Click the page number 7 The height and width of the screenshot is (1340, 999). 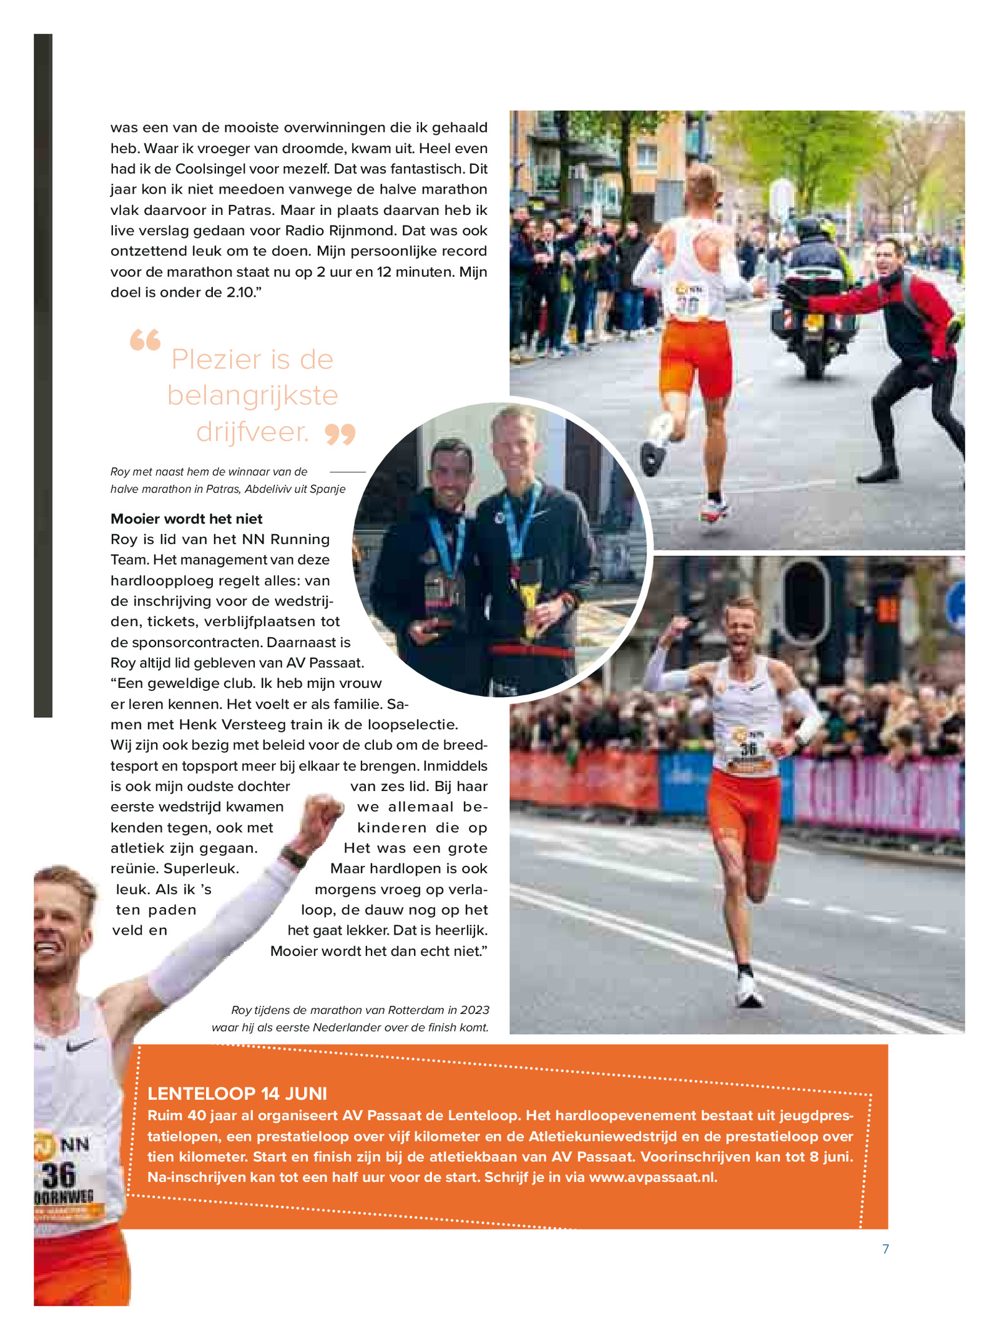coord(885,1249)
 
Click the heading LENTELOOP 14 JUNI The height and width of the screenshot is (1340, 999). coord(237,1093)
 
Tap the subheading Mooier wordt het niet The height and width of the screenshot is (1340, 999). coord(186,519)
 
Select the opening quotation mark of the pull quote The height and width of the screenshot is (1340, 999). coord(145,340)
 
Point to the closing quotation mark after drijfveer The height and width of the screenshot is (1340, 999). coord(340,433)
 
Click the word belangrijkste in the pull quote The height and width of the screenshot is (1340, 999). coord(252,395)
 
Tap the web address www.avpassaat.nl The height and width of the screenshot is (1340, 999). coord(652,1177)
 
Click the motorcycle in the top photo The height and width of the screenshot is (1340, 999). coord(812,312)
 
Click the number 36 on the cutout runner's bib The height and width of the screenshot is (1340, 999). coord(59,1175)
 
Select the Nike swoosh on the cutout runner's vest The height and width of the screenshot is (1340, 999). coord(82,1045)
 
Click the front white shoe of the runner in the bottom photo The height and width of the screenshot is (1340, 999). coord(749,993)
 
